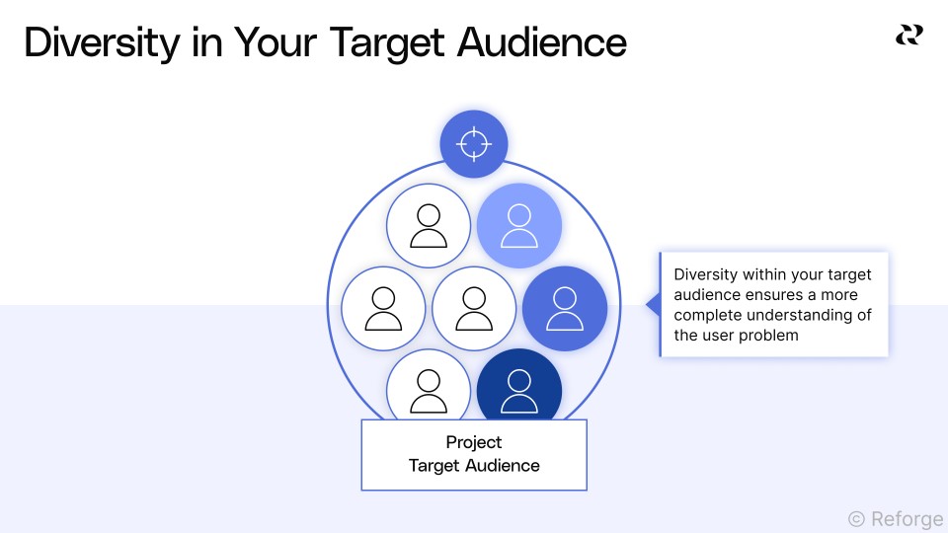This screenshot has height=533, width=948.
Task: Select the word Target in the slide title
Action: coord(381,42)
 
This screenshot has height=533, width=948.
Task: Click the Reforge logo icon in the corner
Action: coord(908,36)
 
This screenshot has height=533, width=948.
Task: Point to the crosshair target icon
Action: coord(474,144)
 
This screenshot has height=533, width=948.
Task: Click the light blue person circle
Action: coord(519,226)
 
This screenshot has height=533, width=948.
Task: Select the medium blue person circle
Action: coord(565,309)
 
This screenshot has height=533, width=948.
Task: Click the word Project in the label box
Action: coord(474,442)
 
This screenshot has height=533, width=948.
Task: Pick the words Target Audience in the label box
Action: coord(474,466)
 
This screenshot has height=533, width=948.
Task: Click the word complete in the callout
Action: coord(707,315)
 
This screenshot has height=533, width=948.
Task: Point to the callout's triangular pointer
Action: coord(652,305)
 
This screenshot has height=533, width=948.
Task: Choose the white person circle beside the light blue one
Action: coord(429,226)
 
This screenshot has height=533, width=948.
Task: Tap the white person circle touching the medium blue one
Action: coord(474,309)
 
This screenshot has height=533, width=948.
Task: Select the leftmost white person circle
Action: coord(383,309)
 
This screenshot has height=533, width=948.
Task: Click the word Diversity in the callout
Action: coord(707,275)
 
